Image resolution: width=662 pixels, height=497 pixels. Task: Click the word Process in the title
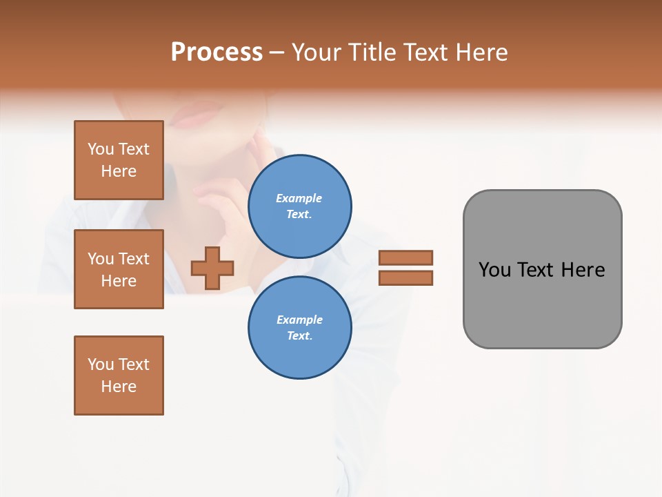point(217,52)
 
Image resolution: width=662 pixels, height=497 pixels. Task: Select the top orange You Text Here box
point(119,160)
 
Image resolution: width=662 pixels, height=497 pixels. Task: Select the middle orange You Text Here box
point(119,269)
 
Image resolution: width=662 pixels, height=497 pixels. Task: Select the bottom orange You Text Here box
point(119,376)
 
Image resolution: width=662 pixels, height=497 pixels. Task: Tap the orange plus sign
point(212,268)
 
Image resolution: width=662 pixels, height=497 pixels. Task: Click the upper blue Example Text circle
point(299,206)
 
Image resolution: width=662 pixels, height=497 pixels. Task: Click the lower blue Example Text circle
point(299,327)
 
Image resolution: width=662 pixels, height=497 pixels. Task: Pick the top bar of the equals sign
point(405,257)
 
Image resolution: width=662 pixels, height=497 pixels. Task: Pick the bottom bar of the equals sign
point(405,277)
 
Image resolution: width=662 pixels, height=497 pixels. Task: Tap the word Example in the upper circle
point(299,198)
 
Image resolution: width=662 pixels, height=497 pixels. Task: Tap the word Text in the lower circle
point(299,335)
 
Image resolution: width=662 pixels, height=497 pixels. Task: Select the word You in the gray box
point(495,270)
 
